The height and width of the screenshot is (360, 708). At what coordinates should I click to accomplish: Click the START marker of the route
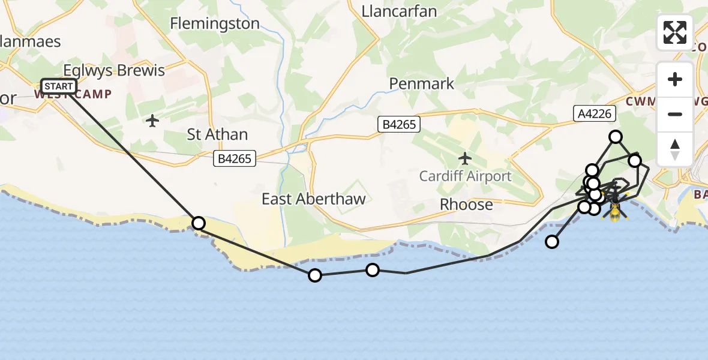(x=59, y=86)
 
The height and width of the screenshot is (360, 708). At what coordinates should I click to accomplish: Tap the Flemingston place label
(x=215, y=23)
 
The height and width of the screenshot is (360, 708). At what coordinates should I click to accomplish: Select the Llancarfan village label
(x=399, y=11)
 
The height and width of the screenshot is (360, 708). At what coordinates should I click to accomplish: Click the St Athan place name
(x=217, y=134)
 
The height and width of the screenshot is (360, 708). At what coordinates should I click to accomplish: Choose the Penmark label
(x=422, y=83)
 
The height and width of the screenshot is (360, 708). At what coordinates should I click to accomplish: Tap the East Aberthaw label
(x=313, y=199)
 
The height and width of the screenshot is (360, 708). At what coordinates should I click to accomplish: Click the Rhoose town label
(x=466, y=205)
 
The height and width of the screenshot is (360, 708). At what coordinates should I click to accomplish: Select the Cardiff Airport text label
(x=465, y=176)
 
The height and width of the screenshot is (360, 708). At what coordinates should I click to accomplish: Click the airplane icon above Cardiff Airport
(x=465, y=158)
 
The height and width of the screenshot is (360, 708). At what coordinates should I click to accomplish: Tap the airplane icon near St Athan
(x=152, y=121)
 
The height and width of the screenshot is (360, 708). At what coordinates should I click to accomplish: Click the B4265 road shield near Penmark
(x=399, y=124)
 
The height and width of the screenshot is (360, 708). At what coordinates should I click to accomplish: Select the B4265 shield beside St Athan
(x=235, y=159)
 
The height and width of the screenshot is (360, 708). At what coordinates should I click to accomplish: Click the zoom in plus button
(x=675, y=79)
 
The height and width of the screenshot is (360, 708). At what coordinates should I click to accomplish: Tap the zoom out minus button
(x=675, y=114)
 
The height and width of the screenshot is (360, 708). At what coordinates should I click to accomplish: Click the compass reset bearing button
(x=675, y=149)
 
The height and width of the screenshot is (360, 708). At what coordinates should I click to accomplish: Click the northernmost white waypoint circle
(x=616, y=137)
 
